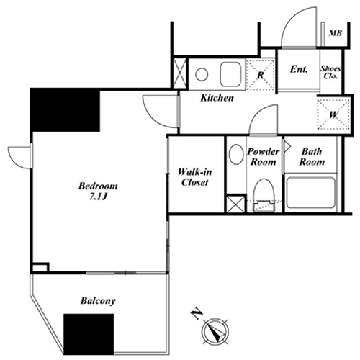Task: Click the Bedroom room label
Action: (98, 186)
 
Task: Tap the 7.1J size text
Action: (98, 197)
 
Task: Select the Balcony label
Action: (98, 301)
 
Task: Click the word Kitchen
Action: (217, 98)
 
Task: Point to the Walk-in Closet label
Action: (195, 177)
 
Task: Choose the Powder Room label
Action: (264, 157)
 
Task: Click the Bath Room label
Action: (312, 157)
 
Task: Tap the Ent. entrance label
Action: (299, 69)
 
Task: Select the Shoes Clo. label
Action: (330, 72)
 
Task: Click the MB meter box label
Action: (336, 33)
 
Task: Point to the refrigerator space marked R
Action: (261, 75)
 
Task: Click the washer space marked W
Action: (334, 114)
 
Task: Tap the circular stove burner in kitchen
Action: (202, 74)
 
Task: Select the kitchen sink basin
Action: (230, 74)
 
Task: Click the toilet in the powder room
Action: (264, 195)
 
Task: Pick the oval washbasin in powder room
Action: (236, 154)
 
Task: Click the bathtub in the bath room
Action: (311, 193)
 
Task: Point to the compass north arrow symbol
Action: (216, 331)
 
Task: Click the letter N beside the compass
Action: (197, 314)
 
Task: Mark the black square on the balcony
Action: (89, 334)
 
